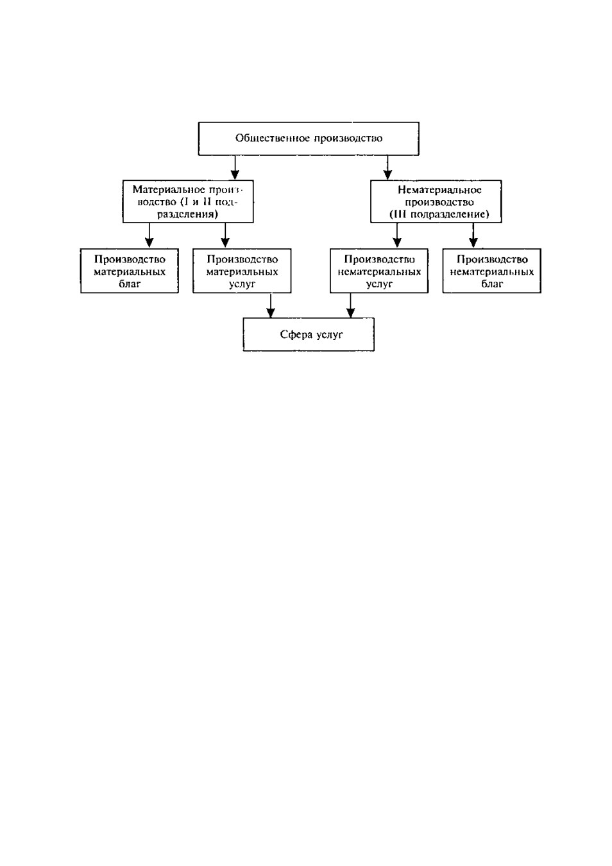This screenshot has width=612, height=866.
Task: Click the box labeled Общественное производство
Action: coord(309,139)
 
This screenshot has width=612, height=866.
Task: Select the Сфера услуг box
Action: coord(309,334)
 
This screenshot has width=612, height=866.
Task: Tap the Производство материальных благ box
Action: coord(130,271)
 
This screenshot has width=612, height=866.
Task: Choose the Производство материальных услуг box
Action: coord(242,271)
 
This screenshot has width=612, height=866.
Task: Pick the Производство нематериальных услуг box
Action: coord(379,271)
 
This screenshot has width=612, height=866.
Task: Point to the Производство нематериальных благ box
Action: coord(492,271)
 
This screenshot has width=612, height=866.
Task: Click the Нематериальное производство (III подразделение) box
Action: coord(436,201)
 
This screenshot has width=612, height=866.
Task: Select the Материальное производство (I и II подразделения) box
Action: coord(188,201)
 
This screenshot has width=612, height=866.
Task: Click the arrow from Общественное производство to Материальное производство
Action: coord(235,168)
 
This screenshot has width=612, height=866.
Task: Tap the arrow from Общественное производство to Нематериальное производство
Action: coord(387,168)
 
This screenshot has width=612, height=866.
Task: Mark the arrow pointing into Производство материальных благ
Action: coord(149,235)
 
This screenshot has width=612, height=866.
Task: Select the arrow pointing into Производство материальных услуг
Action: coord(225,235)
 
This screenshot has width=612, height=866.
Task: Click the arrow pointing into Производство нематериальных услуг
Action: coord(396,235)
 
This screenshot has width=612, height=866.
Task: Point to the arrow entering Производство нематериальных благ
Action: coord(473,235)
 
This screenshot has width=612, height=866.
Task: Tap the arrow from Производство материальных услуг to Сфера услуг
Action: coord(271,305)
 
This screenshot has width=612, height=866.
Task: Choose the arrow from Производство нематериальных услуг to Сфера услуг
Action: coord(351,305)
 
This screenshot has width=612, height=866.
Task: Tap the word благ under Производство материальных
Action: coord(130,284)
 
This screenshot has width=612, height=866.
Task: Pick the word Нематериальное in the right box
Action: coord(439,190)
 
